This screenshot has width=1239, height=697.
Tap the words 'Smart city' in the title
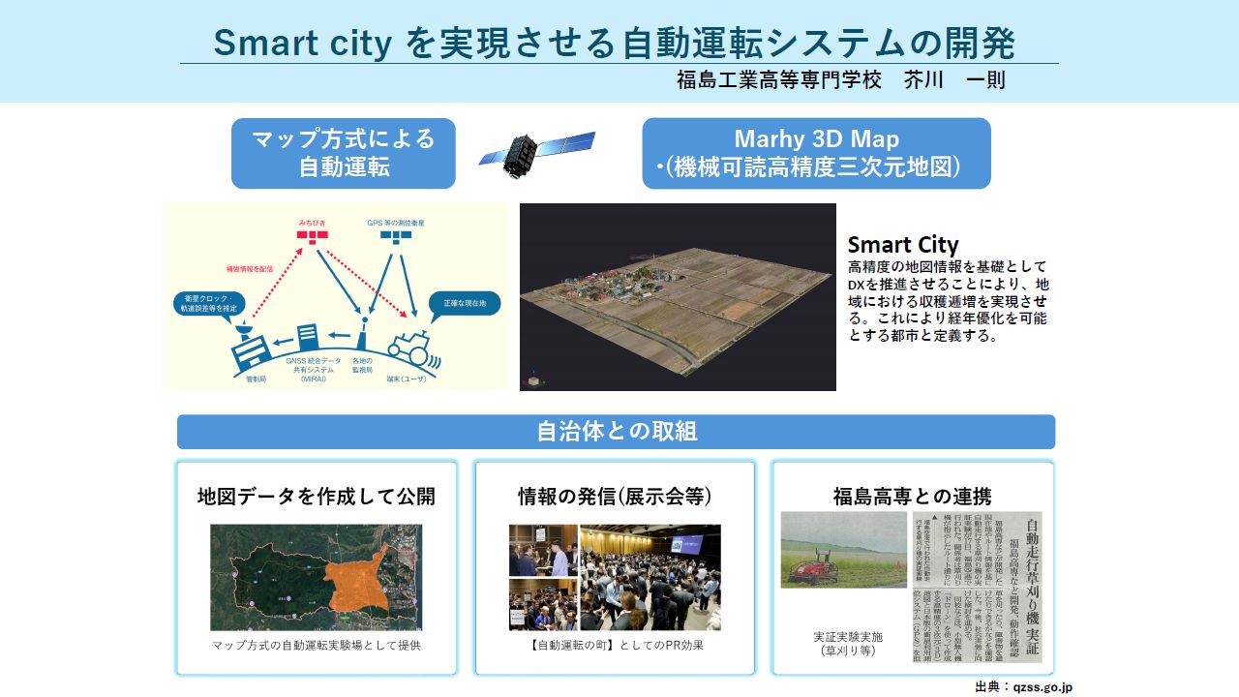coord(302,43)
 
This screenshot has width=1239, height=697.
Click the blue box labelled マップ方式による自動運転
coord(343,153)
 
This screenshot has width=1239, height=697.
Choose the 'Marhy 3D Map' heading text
coord(816,138)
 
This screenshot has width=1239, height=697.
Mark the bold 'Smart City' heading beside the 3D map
coord(902,245)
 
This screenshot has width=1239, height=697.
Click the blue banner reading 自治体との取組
coord(616,432)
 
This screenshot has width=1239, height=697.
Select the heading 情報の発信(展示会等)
coord(615,497)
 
